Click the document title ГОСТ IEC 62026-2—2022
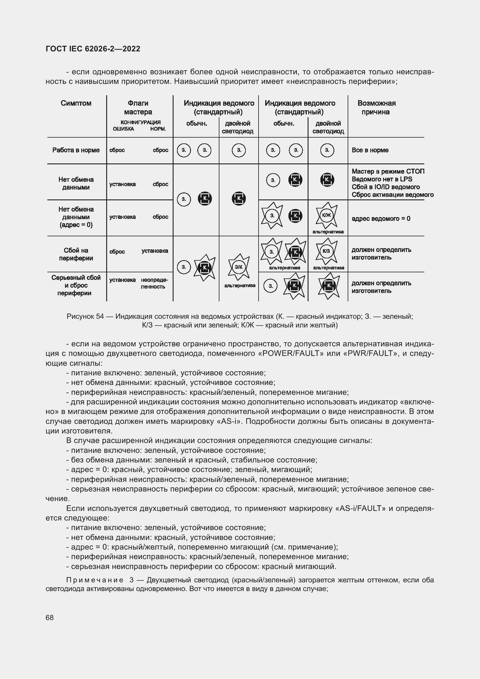[x=93, y=49]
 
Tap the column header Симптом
[x=76, y=103]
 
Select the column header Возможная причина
[x=376, y=107]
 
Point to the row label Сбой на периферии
[x=76, y=254]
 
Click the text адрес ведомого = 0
[x=381, y=219]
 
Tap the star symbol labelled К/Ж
[x=326, y=215]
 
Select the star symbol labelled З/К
[x=239, y=267]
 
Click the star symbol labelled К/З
[x=326, y=251]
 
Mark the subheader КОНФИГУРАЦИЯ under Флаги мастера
[x=140, y=123]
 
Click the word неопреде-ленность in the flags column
[x=154, y=283]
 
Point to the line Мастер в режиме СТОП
[x=388, y=171]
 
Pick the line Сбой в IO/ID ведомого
[x=385, y=187]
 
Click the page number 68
[x=50, y=617]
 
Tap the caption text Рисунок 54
[x=85, y=316]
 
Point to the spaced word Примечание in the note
[x=95, y=580]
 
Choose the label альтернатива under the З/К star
[x=240, y=285]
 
